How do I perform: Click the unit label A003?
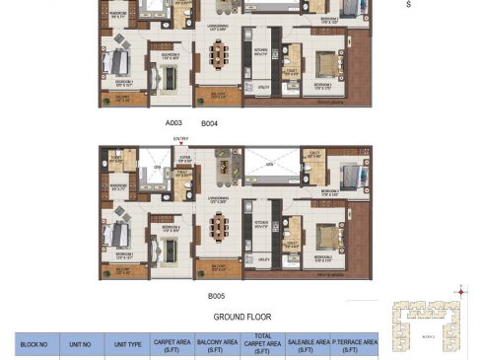pos(174,124)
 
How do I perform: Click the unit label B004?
pos(209,124)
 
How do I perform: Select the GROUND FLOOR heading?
pos(242,318)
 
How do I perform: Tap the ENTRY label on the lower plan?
pos(180,140)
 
